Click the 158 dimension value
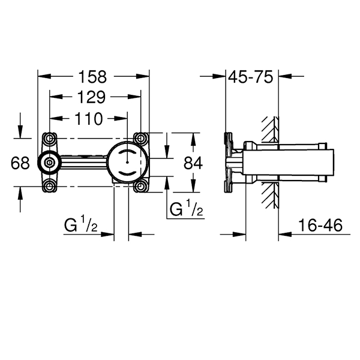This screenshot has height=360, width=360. tap(92, 77)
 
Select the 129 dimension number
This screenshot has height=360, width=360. tap(92, 97)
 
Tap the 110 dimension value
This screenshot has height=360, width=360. tap(89, 118)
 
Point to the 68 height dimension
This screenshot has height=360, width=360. tap(21, 162)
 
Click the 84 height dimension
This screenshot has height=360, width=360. tap(193, 162)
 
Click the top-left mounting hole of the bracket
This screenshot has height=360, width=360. tap(49, 137)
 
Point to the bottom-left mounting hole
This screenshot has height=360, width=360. tap(49, 186)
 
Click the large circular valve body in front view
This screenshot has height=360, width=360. tap(127, 162)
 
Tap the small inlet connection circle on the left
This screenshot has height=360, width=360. tap(48, 162)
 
